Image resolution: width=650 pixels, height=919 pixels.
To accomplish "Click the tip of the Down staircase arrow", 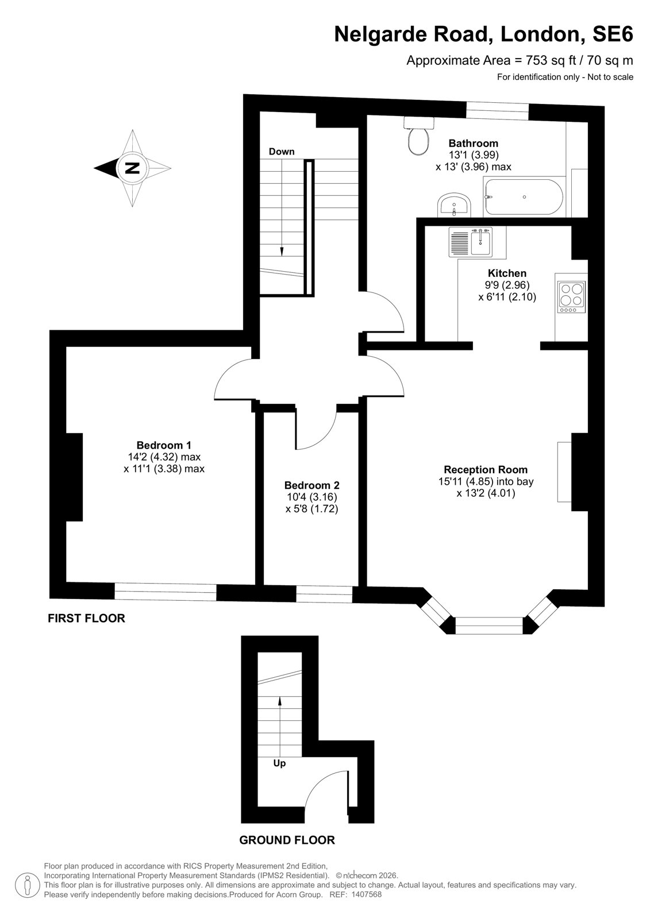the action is pos(282,256).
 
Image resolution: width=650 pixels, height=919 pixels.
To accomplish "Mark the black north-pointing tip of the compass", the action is pos(95,168).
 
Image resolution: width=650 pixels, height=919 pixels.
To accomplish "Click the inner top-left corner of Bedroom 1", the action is pos(67,347).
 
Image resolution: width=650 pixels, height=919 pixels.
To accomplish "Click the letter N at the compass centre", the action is pos(132,168).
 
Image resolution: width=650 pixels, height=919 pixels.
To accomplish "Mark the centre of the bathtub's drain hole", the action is pos(524,197).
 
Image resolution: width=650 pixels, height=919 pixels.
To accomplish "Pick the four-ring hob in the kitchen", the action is pos(571,297).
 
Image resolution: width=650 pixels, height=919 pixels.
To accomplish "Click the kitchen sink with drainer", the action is pos(471,242).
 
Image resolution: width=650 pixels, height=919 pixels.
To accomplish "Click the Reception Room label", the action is pos(486,469).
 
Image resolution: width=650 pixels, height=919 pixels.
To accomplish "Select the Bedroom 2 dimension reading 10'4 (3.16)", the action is pos(312,497).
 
